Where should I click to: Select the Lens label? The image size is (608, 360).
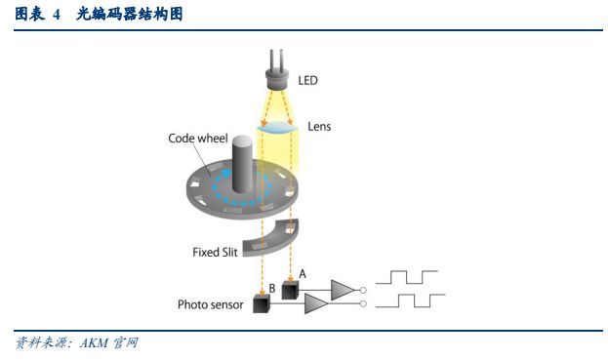click(x=319, y=126)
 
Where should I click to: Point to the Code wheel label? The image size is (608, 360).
click(x=198, y=139)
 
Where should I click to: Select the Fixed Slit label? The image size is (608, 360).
click(x=217, y=252)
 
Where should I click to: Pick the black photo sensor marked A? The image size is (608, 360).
click(x=289, y=291)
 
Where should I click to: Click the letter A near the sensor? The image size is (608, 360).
click(x=303, y=274)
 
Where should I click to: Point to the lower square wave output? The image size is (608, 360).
click(x=410, y=300)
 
